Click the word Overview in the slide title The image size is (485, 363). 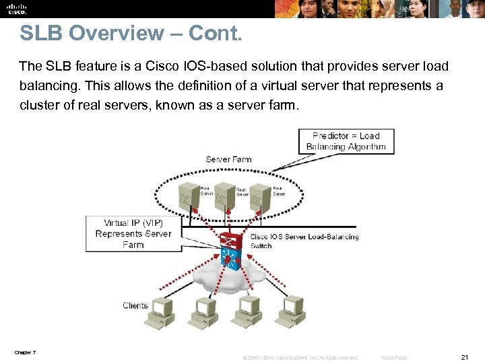tap(118, 33)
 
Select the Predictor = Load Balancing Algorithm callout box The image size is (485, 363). tap(346, 141)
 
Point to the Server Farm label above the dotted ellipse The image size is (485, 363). tap(228, 159)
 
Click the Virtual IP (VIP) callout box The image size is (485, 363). tap(133, 233)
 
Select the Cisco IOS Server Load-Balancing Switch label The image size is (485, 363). tap(304, 241)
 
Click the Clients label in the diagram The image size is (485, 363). tap(135, 305)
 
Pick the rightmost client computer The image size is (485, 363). tap(293, 310)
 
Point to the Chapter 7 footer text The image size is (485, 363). tap(24, 352)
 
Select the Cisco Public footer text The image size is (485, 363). tap(395, 358)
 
